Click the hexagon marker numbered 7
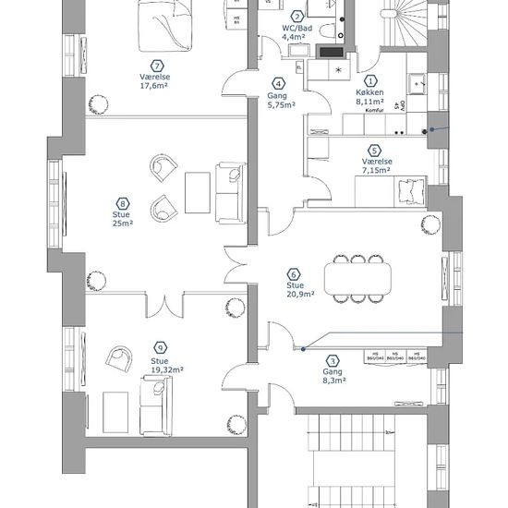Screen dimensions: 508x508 point(158,65)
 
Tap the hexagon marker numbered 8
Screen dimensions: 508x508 point(122,202)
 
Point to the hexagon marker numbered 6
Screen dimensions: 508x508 point(295,273)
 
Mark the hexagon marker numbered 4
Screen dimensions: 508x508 point(279,83)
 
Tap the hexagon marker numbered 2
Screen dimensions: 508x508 point(297,16)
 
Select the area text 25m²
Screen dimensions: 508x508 point(122,224)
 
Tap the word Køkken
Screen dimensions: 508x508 point(369,94)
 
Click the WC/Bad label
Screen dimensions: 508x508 point(297,28)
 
